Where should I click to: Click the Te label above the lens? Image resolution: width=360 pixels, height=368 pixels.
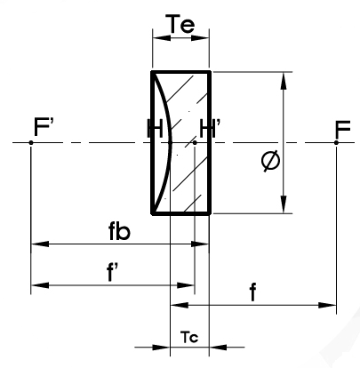[182, 24]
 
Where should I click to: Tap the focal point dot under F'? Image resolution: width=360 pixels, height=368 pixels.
[31, 142]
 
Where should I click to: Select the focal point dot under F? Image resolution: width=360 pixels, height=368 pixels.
[336, 142]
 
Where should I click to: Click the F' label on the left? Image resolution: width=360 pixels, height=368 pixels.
[44, 127]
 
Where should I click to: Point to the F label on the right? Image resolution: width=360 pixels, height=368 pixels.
[342, 129]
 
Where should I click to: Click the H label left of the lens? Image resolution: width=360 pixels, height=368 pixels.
[155, 128]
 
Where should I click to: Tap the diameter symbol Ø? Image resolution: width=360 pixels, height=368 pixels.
[270, 161]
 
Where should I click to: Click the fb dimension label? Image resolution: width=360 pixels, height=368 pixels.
[119, 231]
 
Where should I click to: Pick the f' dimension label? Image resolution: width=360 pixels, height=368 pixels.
[111, 271]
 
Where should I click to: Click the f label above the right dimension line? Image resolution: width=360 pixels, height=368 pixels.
[252, 292]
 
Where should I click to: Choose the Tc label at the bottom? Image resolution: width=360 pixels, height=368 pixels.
[189, 337]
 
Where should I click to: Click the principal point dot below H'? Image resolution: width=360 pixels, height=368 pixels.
[195, 142]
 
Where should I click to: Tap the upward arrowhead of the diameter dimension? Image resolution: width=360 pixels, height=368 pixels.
[284, 81]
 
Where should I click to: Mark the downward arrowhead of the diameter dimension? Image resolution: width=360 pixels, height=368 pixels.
[284, 204]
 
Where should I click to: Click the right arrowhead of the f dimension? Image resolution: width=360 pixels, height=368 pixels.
[327, 305]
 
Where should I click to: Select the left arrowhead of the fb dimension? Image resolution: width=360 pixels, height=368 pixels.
[40, 244]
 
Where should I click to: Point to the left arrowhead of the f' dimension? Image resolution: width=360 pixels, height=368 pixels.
[40, 285]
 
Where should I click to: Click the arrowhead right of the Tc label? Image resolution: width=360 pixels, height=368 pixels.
[218, 347]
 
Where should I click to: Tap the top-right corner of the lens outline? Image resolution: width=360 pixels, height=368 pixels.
[210, 72]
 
